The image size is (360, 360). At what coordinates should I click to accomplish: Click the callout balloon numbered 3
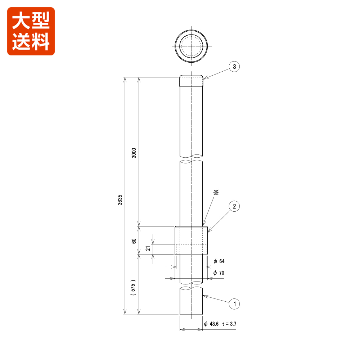click(234, 67)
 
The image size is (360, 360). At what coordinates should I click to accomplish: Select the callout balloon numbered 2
click(234, 206)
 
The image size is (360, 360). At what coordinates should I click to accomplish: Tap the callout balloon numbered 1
click(234, 304)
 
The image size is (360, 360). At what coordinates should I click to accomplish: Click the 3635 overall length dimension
click(120, 200)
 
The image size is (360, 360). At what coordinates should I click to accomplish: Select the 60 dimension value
click(134, 240)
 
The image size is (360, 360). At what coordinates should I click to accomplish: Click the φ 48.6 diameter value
click(212, 324)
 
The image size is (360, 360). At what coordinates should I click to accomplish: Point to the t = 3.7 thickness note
click(229, 324)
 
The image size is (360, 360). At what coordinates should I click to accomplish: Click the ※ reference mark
click(216, 193)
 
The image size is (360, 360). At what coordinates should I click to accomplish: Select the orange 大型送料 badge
click(31, 31)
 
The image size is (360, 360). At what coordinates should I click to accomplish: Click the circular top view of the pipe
click(191, 46)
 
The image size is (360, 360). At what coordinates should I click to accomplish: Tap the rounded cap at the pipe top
click(191, 81)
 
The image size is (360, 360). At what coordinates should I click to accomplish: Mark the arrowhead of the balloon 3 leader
click(204, 78)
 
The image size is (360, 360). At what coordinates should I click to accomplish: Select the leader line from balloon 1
click(216, 300)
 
